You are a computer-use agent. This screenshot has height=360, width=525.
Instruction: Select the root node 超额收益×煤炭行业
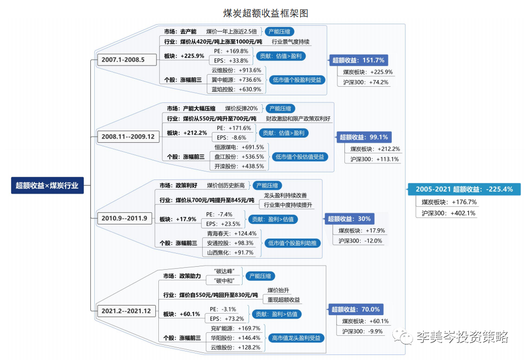pos(47,186)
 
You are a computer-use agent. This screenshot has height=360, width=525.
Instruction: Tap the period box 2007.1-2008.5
pos(123,59)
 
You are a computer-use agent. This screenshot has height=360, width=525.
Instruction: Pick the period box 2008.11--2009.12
pos(128,137)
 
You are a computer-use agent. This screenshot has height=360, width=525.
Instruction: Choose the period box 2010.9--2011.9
pos(124,218)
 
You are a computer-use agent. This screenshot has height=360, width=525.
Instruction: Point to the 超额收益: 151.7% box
pos(358,61)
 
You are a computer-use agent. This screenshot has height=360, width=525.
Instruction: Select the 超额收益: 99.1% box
pos(364,137)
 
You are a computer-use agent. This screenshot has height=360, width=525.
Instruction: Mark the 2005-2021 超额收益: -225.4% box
pos(464,189)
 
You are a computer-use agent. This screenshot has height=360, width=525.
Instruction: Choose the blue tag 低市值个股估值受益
pos(300,157)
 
